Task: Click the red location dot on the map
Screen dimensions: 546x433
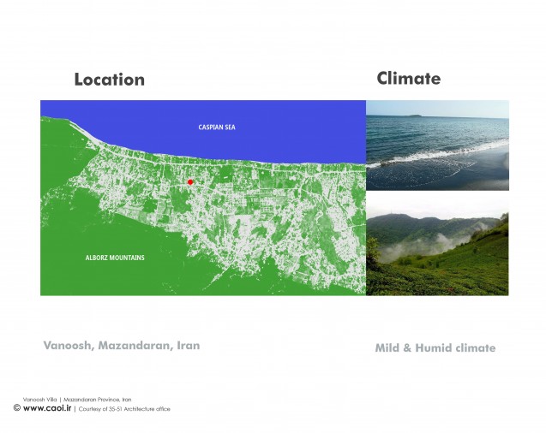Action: click(x=190, y=182)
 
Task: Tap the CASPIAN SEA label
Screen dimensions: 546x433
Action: click(x=217, y=128)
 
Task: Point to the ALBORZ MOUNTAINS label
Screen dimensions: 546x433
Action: click(x=115, y=258)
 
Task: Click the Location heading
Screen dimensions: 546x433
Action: click(x=110, y=80)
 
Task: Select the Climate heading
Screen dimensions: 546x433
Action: click(x=409, y=78)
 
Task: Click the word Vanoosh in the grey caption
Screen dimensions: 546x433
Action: click(x=69, y=346)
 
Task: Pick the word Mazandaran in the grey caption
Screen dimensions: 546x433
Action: click(x=135, y=346)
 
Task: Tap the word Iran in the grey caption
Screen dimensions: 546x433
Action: click(x=189, y=346)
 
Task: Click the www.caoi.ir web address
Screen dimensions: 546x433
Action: click(x=47, y=408)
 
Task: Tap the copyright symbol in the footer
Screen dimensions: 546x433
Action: click(x=17, y=407)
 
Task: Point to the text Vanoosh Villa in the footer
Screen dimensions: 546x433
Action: click(x=39, y=400)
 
